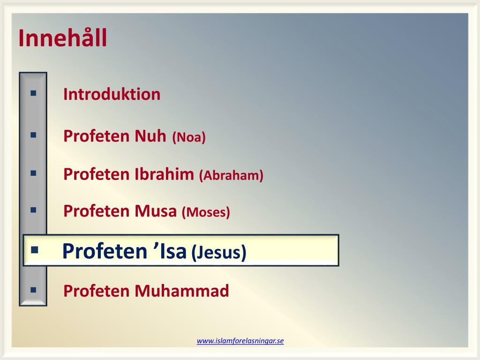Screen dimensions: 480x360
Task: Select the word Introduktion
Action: pyautogui.click(x=112, y=94)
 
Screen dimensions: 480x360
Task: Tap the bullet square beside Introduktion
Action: pyautogui.click(x=33, y=93)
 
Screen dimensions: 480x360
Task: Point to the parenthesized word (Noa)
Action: pyautogui.click(x=189, y=137)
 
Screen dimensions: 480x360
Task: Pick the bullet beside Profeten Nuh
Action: pyautogui.click(x=33, y=135)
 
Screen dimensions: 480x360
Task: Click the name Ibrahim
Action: pyautogui.click(x=164, y=174)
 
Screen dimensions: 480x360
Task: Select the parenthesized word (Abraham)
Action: pyautogui.click(x=231, y=175)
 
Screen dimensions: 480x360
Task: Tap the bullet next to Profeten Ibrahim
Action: pyautogui.click(x=33, y=173)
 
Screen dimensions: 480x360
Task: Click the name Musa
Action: pyautogui.click(x=156, y=211)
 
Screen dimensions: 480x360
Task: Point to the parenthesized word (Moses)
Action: pyautogui.click(x=206, y=212)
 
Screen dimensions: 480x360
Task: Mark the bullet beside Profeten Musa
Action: pyautogui.click(x=33, y=210)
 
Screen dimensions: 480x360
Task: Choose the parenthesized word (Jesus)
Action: pyautogui.click(x=218, y=253)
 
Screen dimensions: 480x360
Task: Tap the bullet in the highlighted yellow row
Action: pyautogui.click(x=35, y=250)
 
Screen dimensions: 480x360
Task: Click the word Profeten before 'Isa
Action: pyautogui.click(x=105, y=251)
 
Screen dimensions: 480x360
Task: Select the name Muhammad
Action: pyautogui.click(x=182, y=291)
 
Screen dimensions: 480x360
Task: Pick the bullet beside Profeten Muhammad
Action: pyautogui.click(x=33, y=290)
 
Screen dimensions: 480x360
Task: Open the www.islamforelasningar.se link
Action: pyautogui.click(x=240, y=341)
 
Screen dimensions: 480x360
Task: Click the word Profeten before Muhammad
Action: pyautogui.click(x=96, y=291)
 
